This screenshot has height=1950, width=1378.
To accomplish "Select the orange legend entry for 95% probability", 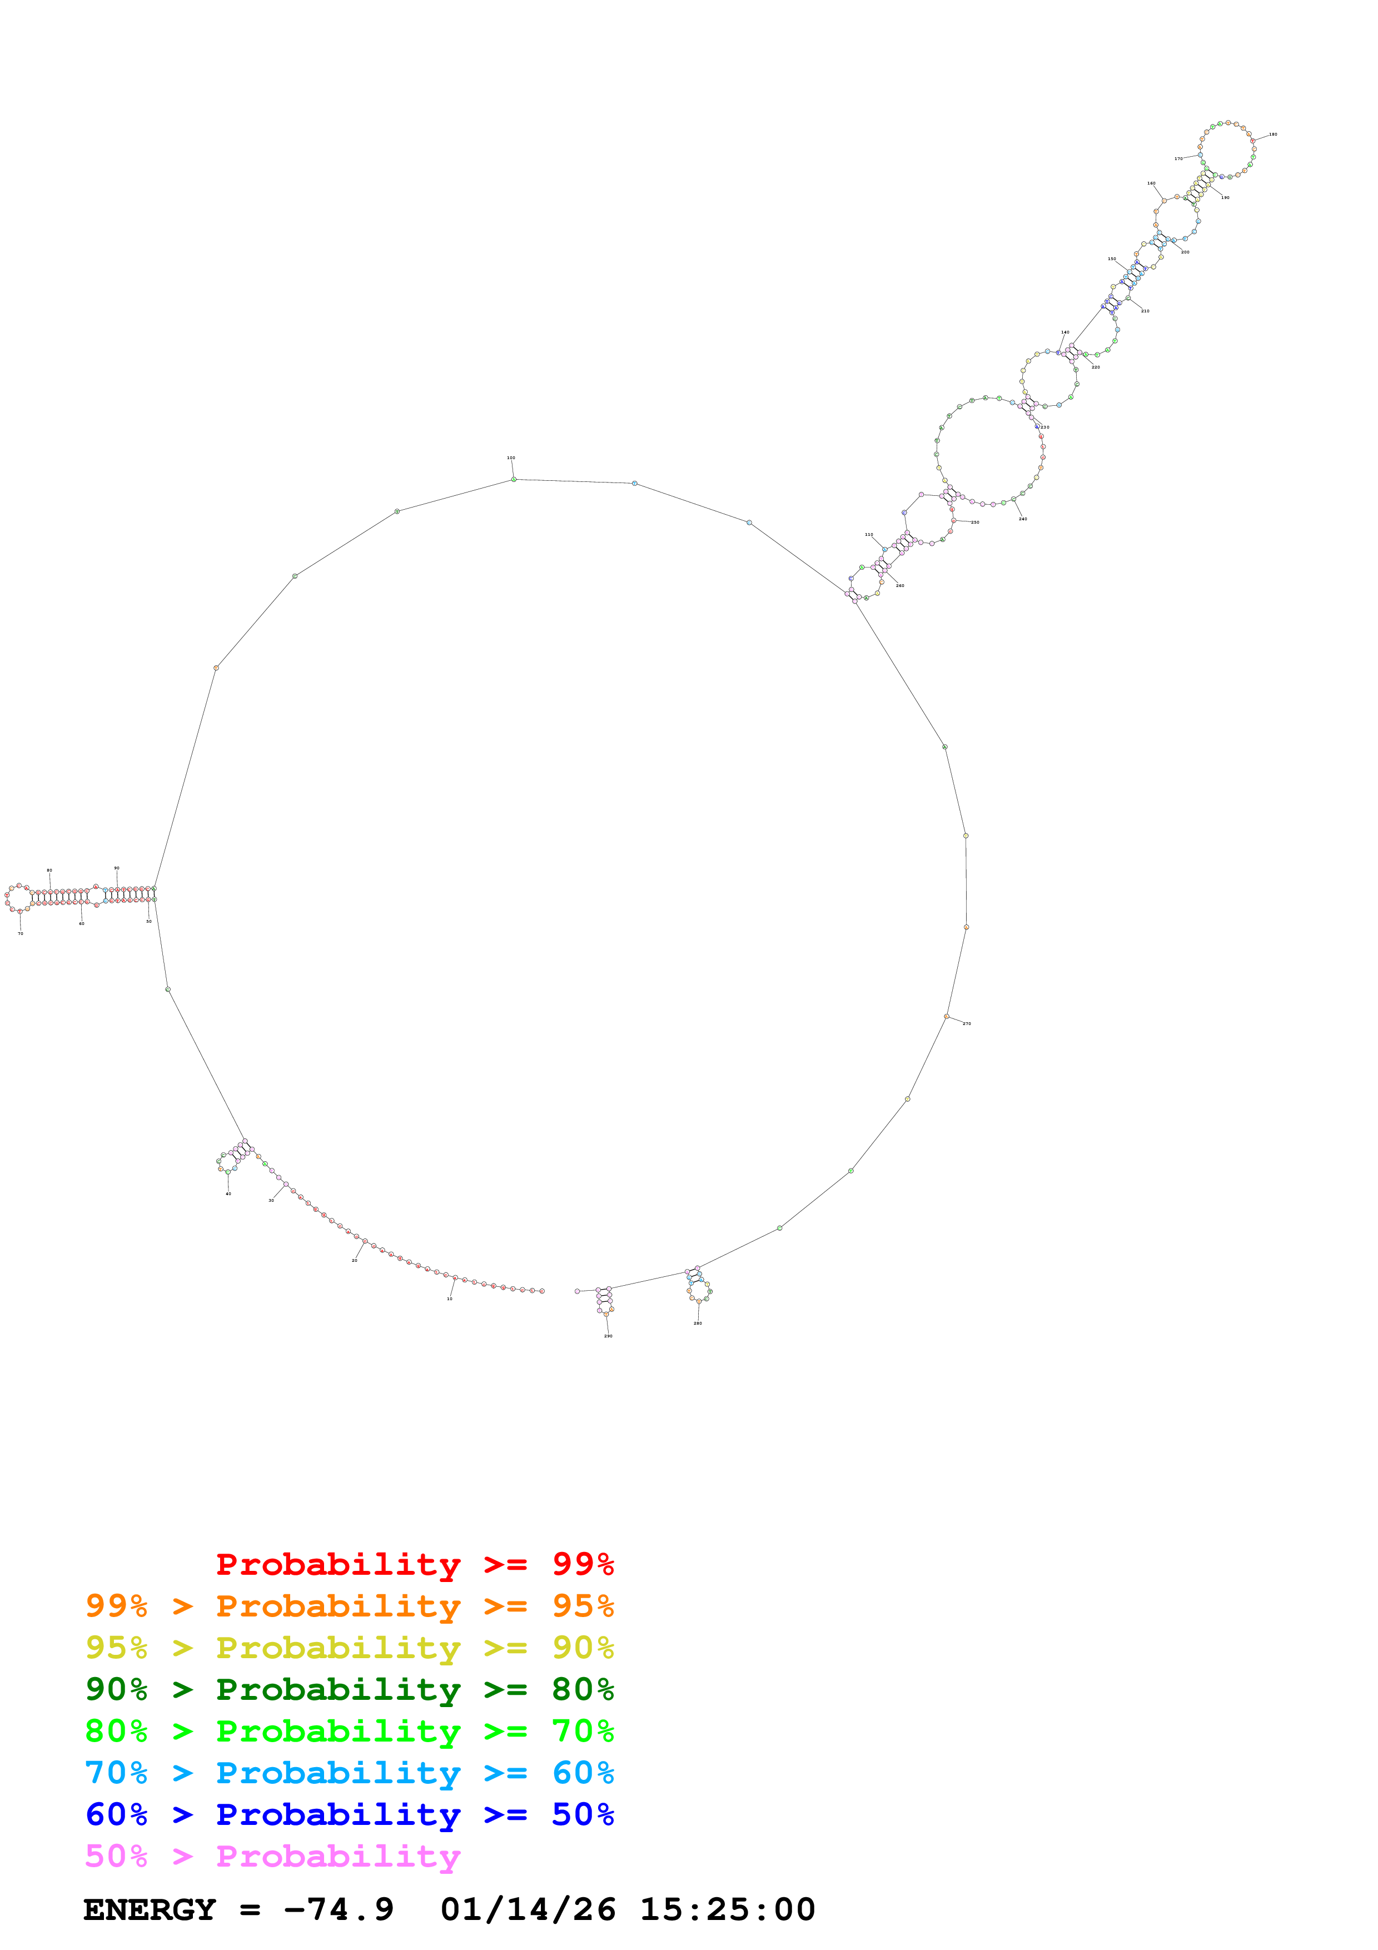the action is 349,1606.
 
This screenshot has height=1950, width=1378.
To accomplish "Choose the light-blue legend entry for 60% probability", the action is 349,1773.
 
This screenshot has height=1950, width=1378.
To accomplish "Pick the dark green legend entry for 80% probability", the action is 349,1689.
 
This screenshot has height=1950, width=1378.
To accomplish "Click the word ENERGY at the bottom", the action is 150,1909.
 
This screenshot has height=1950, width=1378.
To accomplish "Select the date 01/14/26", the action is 528,1909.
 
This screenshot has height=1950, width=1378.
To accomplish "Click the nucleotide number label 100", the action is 511,458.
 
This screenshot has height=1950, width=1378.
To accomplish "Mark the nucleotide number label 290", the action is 608,1336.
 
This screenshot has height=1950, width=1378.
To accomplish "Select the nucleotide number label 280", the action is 698,1323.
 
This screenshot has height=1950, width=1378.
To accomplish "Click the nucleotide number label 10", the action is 450,1299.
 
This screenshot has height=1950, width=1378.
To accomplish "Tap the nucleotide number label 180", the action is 1273,134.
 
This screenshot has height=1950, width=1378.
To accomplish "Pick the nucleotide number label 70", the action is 21,933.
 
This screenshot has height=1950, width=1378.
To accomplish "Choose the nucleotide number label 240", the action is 1023,519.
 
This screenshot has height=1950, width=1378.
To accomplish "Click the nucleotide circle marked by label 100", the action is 514,479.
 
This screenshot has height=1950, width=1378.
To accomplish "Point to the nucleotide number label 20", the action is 355,1260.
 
